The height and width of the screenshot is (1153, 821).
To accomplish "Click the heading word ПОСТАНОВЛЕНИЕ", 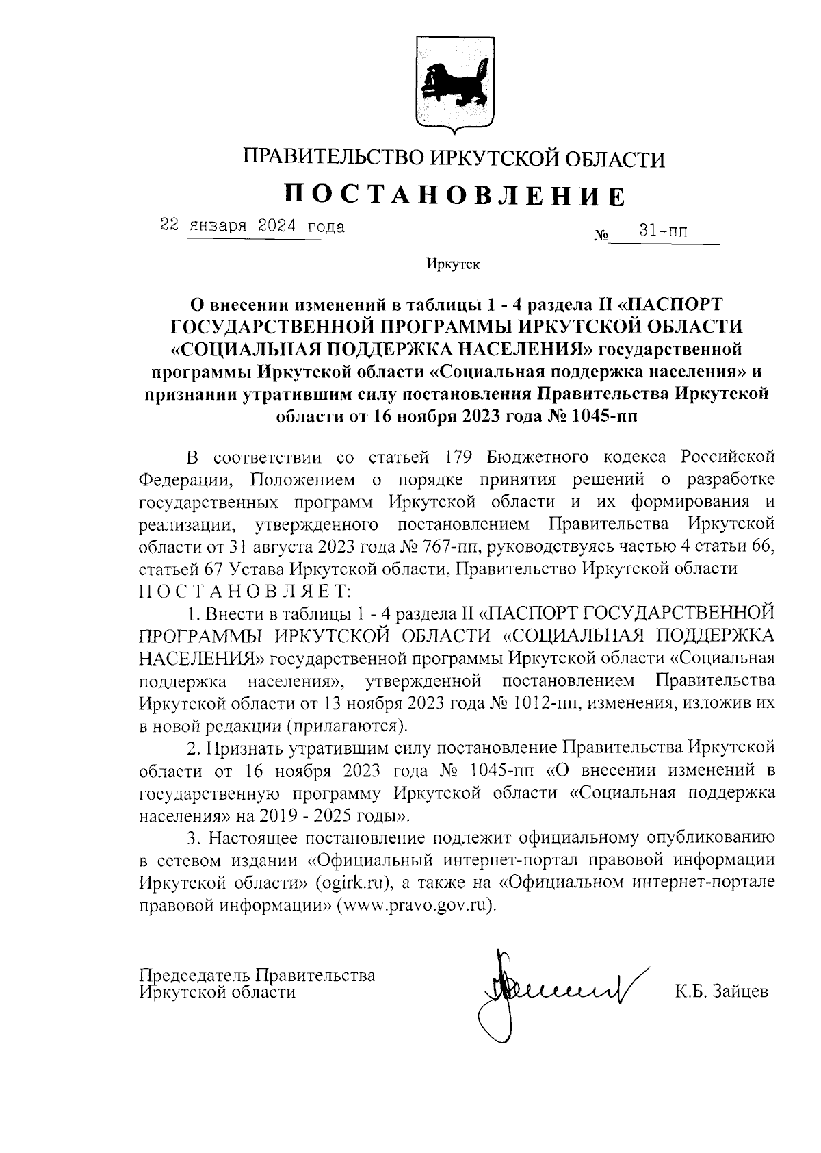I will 455,195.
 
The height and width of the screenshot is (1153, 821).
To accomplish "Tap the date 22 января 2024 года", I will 252,226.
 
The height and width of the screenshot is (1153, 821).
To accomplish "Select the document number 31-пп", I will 663,231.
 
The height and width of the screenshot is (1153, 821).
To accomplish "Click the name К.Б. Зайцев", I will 721,991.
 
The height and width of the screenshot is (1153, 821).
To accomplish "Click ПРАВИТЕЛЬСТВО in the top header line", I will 334,159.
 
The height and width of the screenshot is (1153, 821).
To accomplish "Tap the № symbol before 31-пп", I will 601,237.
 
